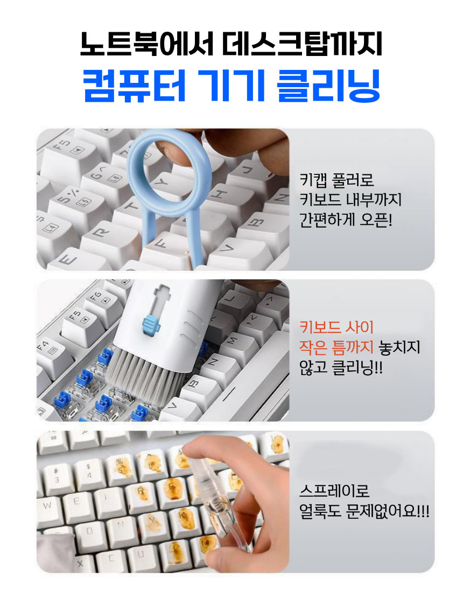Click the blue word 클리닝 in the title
tap(328, 86)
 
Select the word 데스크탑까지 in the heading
tap(302, 44)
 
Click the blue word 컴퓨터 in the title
tap(135, 86)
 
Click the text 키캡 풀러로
tap(336, 180)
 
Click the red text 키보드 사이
tap(336, 327)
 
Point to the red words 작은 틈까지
tap(336, 347)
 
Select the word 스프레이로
tap(334, 491)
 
